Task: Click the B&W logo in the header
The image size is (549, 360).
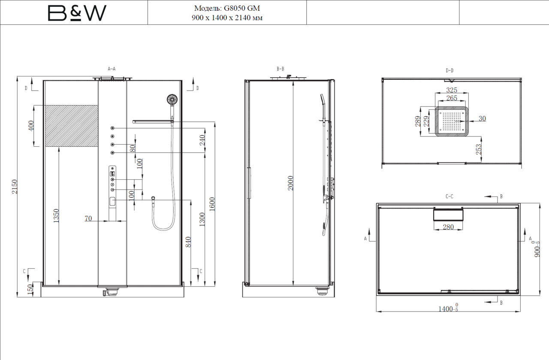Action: [x=77, y=13]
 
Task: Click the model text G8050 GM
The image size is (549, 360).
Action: [x=242, y=8]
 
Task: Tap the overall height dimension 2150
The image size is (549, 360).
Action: [x=15, y=187]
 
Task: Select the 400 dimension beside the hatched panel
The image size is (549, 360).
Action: [x=31, y=126]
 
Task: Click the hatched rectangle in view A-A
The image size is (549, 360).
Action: [x=72, y=126]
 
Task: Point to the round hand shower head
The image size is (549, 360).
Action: [x=172, y=100]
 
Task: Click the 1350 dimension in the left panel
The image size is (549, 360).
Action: [x=56, y=215]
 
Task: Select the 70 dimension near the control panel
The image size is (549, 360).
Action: [x=88, y=218]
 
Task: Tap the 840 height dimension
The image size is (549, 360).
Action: [x=188, y=242]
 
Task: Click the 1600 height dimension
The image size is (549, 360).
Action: [x=212, y=204]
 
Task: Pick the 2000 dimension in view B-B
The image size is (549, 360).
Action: [x=290, y=183]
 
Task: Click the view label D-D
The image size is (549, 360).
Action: [x=449, y=71]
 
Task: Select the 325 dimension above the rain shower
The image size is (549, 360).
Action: [x=452, y=90]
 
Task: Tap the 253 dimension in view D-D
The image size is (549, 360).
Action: [x=478, y=149]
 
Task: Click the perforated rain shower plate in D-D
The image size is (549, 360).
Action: [x=452, y=121]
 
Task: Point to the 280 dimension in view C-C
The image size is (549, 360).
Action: [x=448, y=227]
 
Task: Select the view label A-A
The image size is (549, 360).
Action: [x=112, y=69]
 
